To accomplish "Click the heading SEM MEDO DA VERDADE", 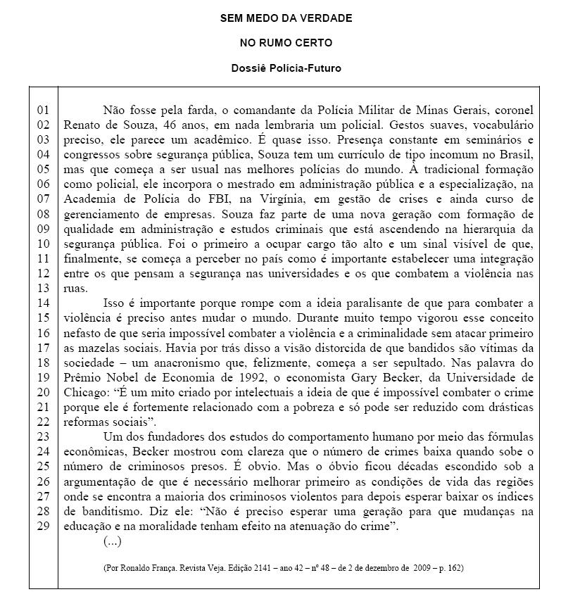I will click(286, 18).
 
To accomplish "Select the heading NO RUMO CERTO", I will click(286, 43).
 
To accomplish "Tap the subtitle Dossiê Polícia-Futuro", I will click(286, 68).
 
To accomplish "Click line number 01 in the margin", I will click(44, 110).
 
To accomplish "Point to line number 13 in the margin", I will click(44, 288).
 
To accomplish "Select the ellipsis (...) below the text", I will click(113, 541).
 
